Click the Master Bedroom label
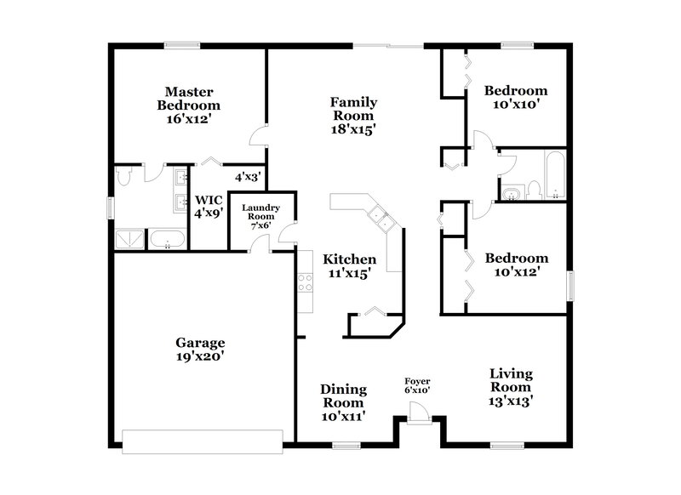pos(188,105)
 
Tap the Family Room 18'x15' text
pos(354,116)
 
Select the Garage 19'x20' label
pos(200,350)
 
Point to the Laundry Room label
pos(261,217)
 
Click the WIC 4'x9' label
pos(209,208)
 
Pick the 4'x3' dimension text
pos(248,177)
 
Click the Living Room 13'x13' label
pos(511,388)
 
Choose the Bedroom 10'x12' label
pos(515,265)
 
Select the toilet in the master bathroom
pos(124,176)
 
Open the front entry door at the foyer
pos(417,412)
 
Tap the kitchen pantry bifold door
pos(372,314)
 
